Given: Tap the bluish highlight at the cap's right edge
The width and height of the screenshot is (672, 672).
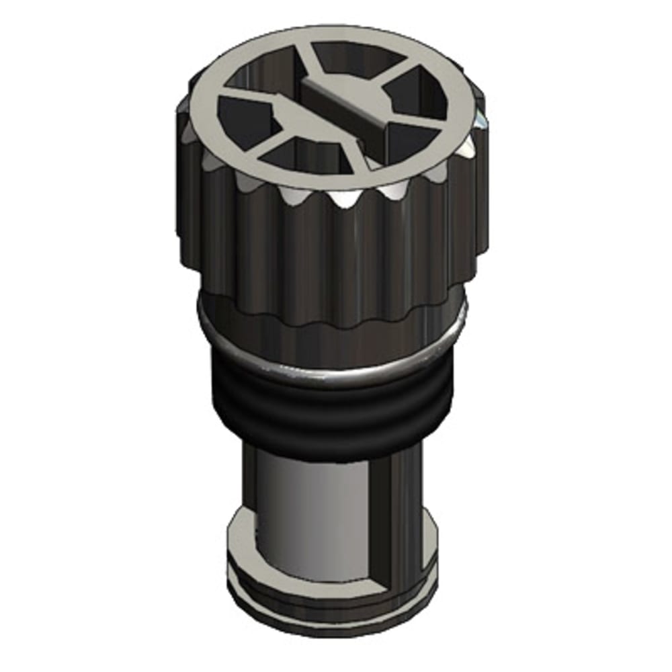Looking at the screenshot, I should pyautogui.click(x=482, y=121).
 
